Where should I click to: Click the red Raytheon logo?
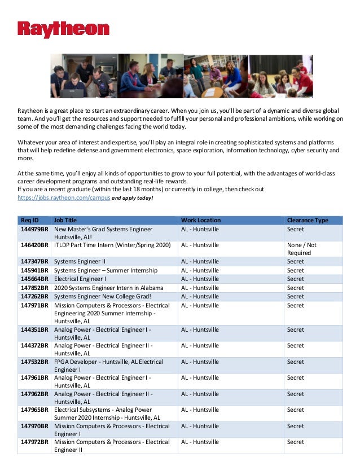(63, 29)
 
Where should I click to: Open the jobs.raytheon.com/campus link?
(63, 199)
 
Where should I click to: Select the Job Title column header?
(65, 220)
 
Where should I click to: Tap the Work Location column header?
(201, 220)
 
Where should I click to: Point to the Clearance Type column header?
(308, 220)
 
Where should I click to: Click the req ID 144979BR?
(35, 230)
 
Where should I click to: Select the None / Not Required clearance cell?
(302, 249)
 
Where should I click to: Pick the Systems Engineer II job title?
(80, 262)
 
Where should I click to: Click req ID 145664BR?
(35, 279)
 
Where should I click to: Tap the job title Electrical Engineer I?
(80, 279)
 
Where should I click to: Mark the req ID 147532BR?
(35, 362)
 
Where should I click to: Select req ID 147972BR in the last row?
(35, 442)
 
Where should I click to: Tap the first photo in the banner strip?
(84, 76)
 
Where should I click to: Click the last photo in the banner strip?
(280, 76)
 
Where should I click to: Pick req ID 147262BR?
(35, 297)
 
